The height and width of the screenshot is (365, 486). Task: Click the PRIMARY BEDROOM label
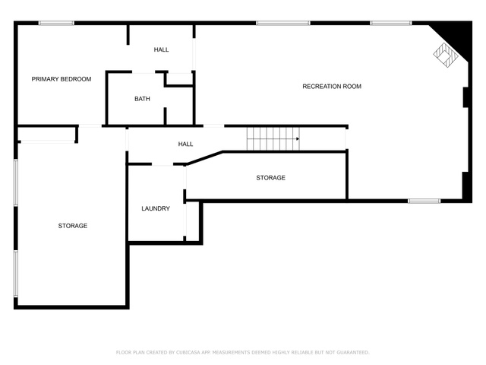pos(62,79)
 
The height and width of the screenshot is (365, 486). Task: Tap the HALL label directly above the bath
pos(161,50)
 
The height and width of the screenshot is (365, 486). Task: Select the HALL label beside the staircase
pos(185,144)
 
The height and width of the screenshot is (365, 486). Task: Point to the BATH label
pos(142,99)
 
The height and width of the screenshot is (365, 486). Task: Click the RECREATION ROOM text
pos(332,87)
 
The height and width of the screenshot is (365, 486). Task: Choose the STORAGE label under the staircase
pos(270,178)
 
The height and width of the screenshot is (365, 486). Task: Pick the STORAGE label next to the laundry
pos(73,226)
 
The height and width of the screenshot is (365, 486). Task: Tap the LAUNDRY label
pos(156,208)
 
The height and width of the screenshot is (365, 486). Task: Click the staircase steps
pos(270,139)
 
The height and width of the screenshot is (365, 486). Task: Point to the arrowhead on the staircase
pos(297,139)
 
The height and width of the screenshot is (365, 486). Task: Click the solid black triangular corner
pos(452,33)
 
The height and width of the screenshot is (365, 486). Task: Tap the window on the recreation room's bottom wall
pos(424,201)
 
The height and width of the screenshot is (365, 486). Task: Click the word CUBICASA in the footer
pos(188,353)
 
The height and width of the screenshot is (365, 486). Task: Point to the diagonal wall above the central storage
pos(205,157)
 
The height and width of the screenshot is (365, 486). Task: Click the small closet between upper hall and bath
pos(179,79)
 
